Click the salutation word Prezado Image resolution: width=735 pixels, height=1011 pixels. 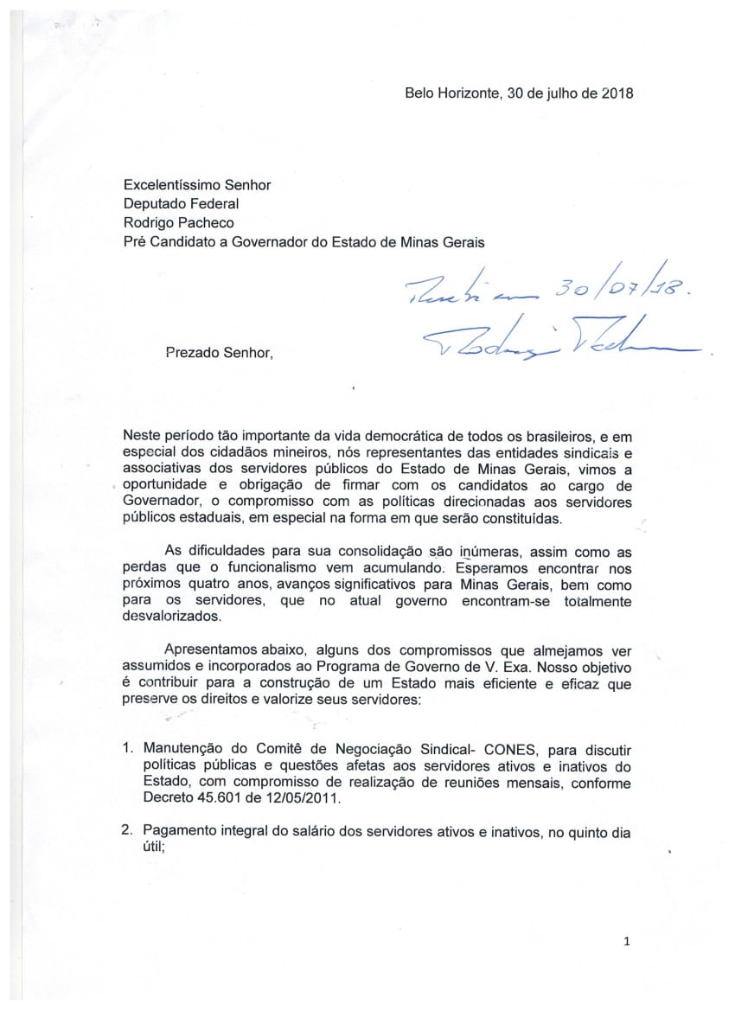coord(192,352)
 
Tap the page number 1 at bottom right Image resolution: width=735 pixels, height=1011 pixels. coord(626,943)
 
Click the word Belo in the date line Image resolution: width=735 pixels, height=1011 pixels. coord(420,93)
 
